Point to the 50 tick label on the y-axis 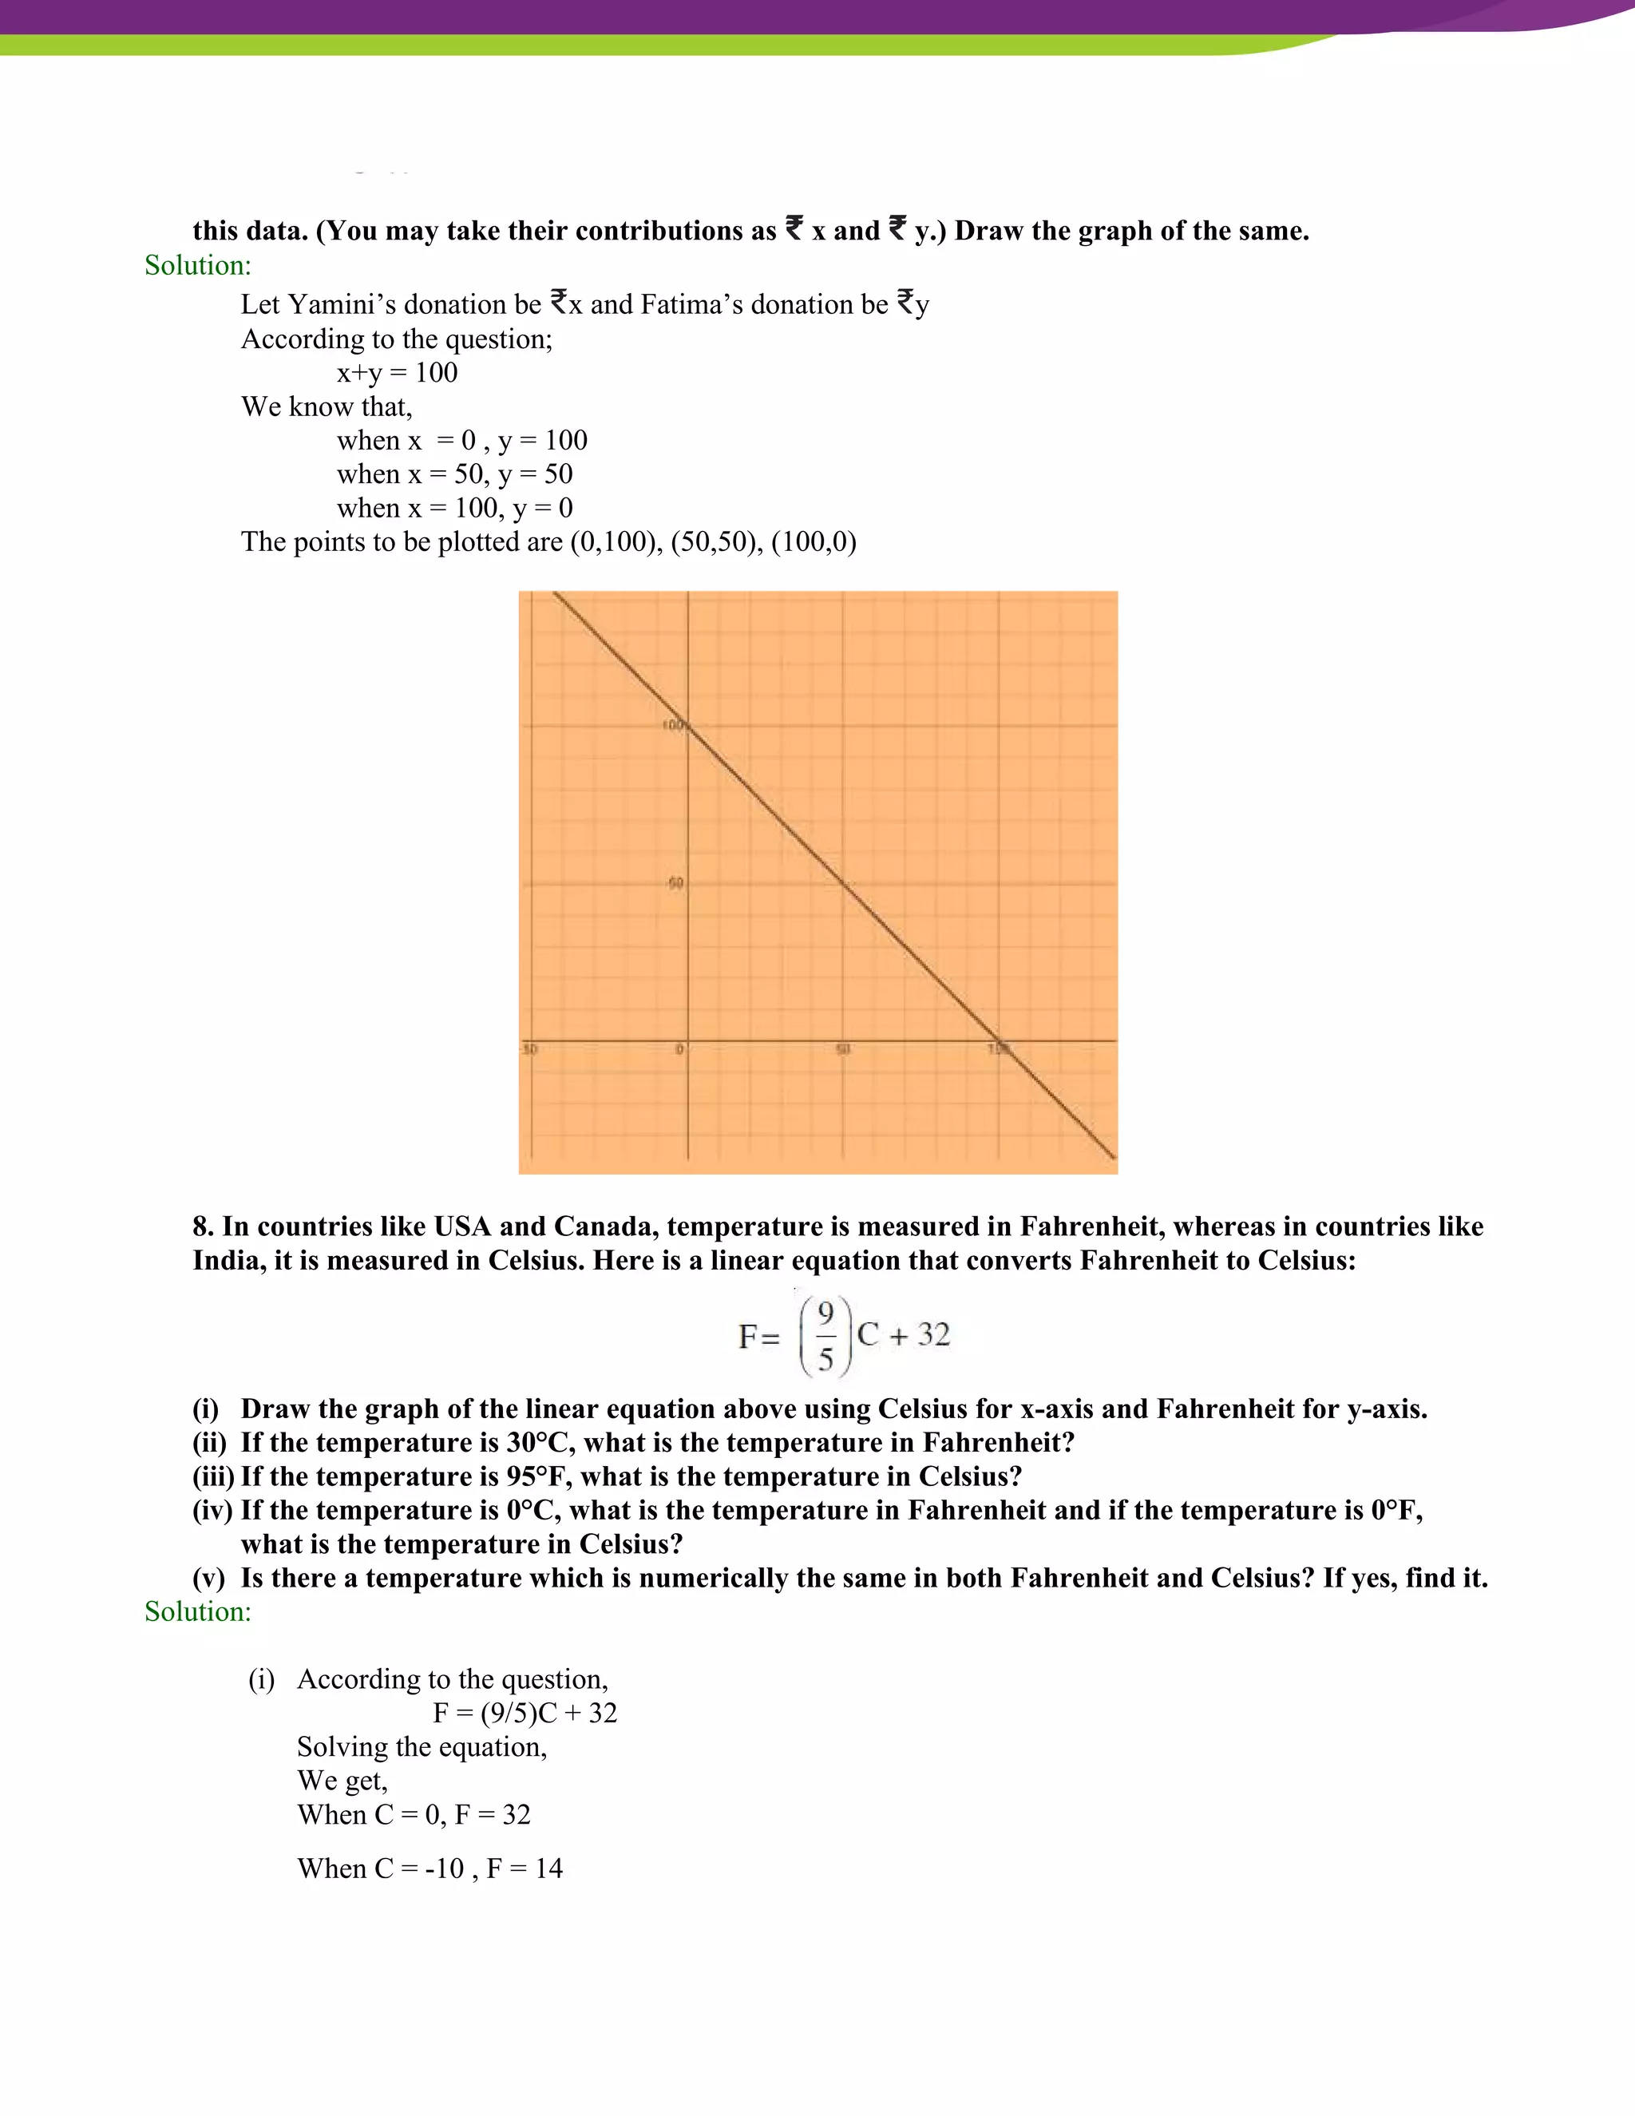point(675,882)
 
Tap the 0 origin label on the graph point(679,1049)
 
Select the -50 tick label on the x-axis point(530,1049)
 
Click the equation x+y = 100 point(397,372)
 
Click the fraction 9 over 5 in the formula point(825,1336)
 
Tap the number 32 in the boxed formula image point(934,1335)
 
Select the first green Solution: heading point(198,265)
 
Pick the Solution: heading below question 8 point(198,1611)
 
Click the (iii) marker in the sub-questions point(213,1476)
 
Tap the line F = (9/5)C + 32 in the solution point(524,1713)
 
